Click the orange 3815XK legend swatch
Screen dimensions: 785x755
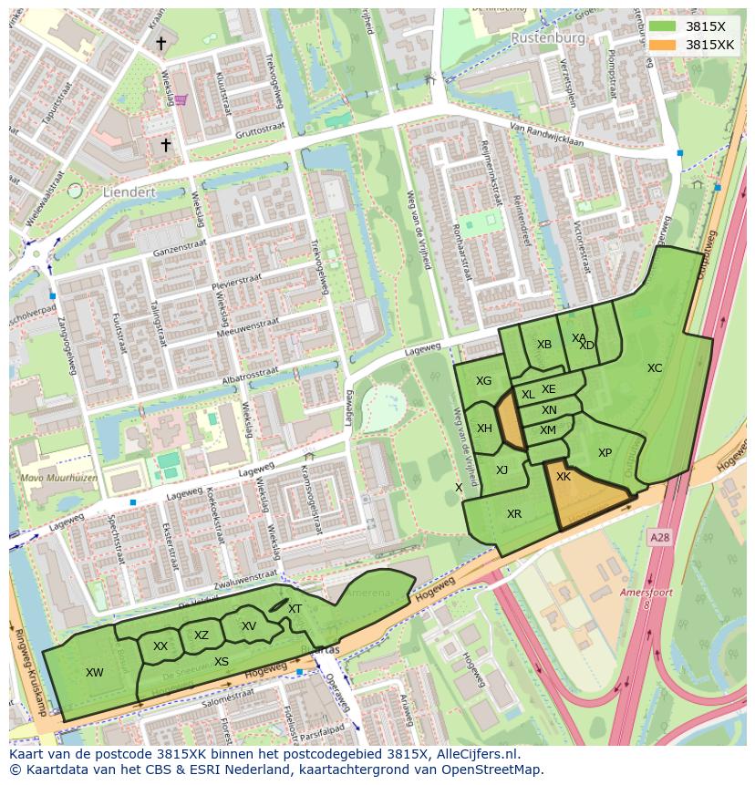[x=663, y=45]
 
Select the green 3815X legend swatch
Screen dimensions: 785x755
[x=663, y=26]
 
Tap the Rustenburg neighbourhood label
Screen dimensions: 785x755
[x=547, y=38]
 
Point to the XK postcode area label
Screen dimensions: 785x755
[x=564, y=477]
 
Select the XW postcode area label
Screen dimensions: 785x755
[x=94, y=673]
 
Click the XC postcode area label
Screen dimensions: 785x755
[x=655, y=368]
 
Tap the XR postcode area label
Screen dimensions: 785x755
[x=514, y=514]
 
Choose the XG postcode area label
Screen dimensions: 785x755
[x=483, y=381]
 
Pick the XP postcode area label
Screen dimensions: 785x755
[x=605, y=453]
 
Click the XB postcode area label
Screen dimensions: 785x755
[x=544, y=345]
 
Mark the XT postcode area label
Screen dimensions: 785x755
[x=295, y=609]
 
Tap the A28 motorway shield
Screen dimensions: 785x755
[x=659, y=539]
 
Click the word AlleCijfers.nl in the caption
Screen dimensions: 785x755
[x=475, y=754]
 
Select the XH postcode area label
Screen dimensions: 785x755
[x=484, y=429]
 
